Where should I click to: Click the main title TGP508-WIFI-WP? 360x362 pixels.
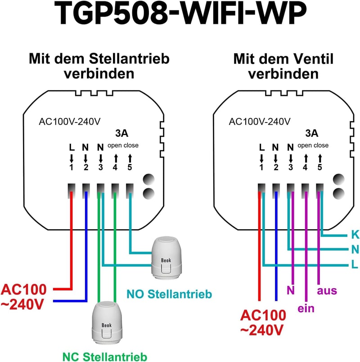point(180,13)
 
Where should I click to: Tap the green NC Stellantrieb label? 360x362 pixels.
point(105,357)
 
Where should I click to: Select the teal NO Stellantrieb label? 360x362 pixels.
point(169,294)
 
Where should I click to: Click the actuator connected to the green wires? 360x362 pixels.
point(107,323)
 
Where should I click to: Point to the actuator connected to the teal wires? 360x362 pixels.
point(166,258)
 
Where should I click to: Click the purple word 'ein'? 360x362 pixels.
point(306,308)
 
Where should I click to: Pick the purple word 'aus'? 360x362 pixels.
point(327,291)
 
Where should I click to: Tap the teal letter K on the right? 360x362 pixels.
point(355,235)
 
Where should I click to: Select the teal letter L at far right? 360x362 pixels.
point(355,264)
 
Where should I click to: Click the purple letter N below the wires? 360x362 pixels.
point(291,290)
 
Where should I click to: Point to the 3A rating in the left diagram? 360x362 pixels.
point(121,133)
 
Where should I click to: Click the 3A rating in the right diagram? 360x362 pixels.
point(311,133)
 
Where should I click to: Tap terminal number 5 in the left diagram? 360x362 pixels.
point(130,167)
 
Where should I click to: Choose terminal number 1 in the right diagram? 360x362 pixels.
point(261,167)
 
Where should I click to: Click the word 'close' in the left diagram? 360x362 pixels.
point(130,145)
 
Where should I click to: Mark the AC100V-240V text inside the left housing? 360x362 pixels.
point(70,122)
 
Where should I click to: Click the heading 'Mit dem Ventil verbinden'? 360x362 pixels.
point(283,66)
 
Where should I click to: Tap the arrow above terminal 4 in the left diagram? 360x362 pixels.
point(116,158)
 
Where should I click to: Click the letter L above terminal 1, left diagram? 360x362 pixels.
point(72,147)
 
